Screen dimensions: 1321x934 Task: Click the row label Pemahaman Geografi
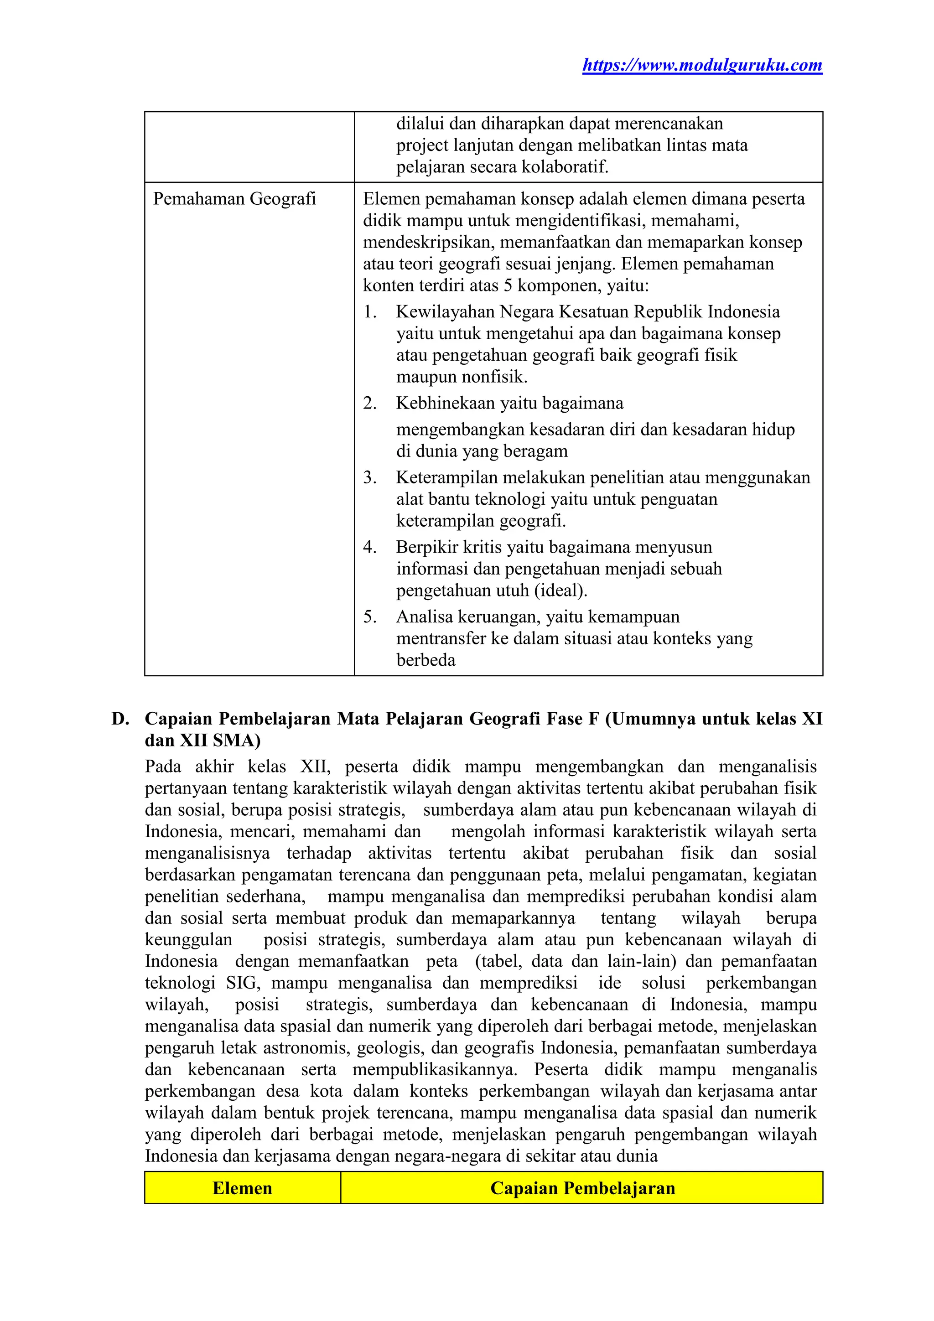(x=234, y=199)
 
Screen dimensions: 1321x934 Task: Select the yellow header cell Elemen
(x=242, y=1188)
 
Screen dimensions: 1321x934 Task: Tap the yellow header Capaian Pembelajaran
(x=582, y=1188)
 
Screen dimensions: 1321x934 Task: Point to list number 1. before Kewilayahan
(x=369, y=312)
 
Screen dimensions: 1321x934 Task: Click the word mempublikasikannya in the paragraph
(x=435, y=1070)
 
